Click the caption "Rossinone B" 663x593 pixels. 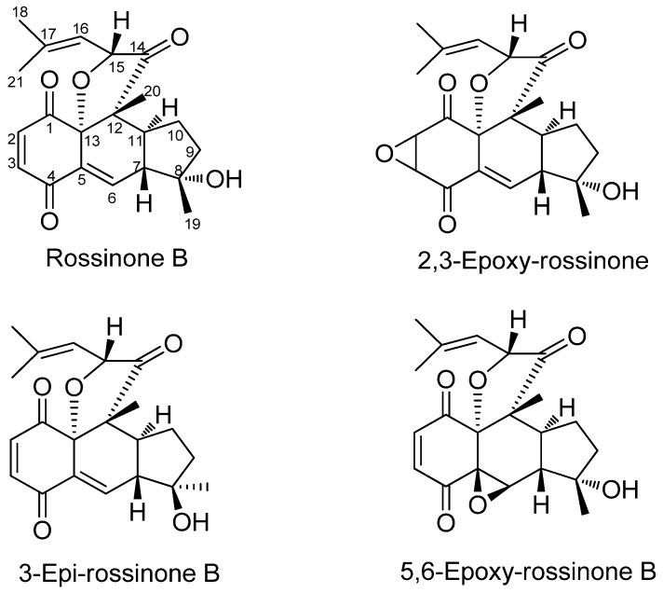point(116,257)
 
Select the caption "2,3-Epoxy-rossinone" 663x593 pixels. point(533,262)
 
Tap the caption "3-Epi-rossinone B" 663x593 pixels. point(119,573)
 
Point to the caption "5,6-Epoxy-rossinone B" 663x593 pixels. point(529,572)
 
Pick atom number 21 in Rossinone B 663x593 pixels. point(16,83)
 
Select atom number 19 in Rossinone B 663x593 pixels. point(193,224)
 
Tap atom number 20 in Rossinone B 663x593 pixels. point(154,90)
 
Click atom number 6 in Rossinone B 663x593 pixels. point(112,199)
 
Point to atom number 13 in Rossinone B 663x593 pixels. point(91,141)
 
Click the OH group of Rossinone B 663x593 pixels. point(224,179)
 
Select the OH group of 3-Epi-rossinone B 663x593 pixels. point(191,522)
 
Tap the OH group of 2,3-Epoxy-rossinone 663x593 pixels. point(621,191)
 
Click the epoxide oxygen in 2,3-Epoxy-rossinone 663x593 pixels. point(385,153)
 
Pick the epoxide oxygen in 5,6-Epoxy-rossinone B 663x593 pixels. point(478,504)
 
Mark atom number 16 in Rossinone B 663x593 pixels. point(80,29)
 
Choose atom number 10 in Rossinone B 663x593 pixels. point(176,135)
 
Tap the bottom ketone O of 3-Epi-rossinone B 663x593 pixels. point(41,530)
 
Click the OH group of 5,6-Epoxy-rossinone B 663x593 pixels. point(621,489)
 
